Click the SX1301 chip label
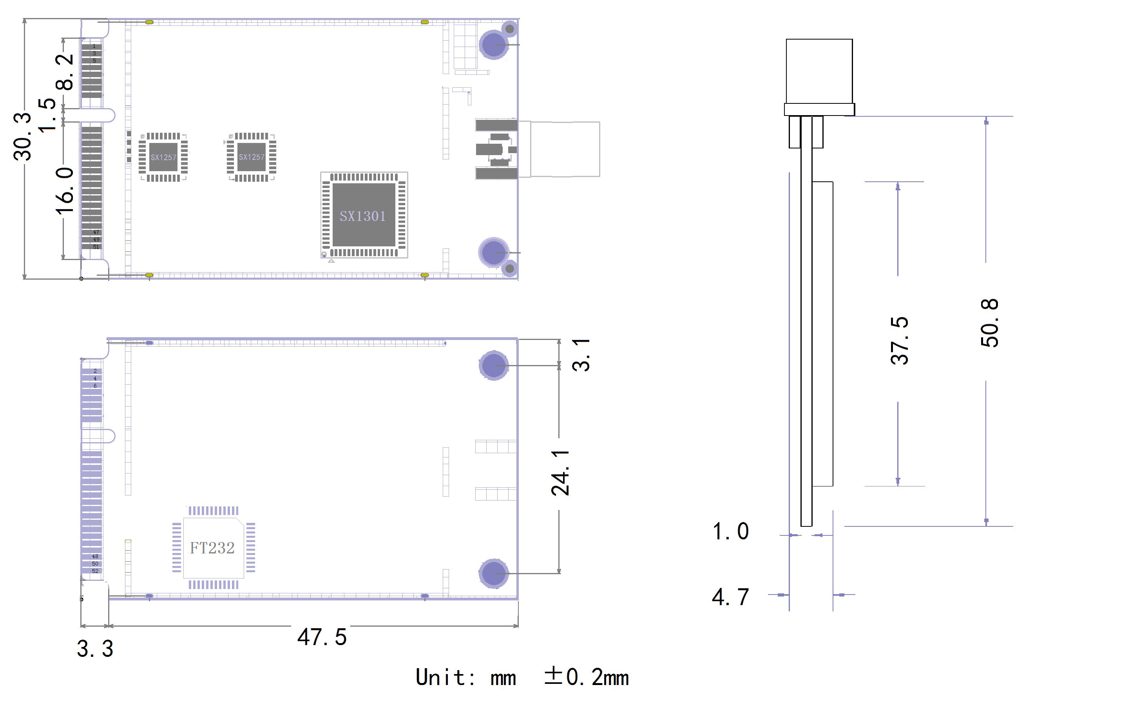(362, 216)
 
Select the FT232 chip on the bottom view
(213, 548)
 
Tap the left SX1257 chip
(163, 157)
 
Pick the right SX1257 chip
(252, 157)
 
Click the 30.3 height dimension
(22, 137)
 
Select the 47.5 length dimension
(322, 637)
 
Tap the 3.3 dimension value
(95, 649)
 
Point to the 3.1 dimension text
(581, 355)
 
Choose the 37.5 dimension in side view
(900, 340)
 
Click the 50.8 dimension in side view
(990, 323)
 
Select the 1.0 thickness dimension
(730, 531)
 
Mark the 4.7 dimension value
(730, 597)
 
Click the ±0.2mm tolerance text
(587, 677)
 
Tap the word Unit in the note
(440, 677)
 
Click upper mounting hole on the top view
(493, 44)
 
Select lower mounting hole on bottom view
(493, 573)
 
